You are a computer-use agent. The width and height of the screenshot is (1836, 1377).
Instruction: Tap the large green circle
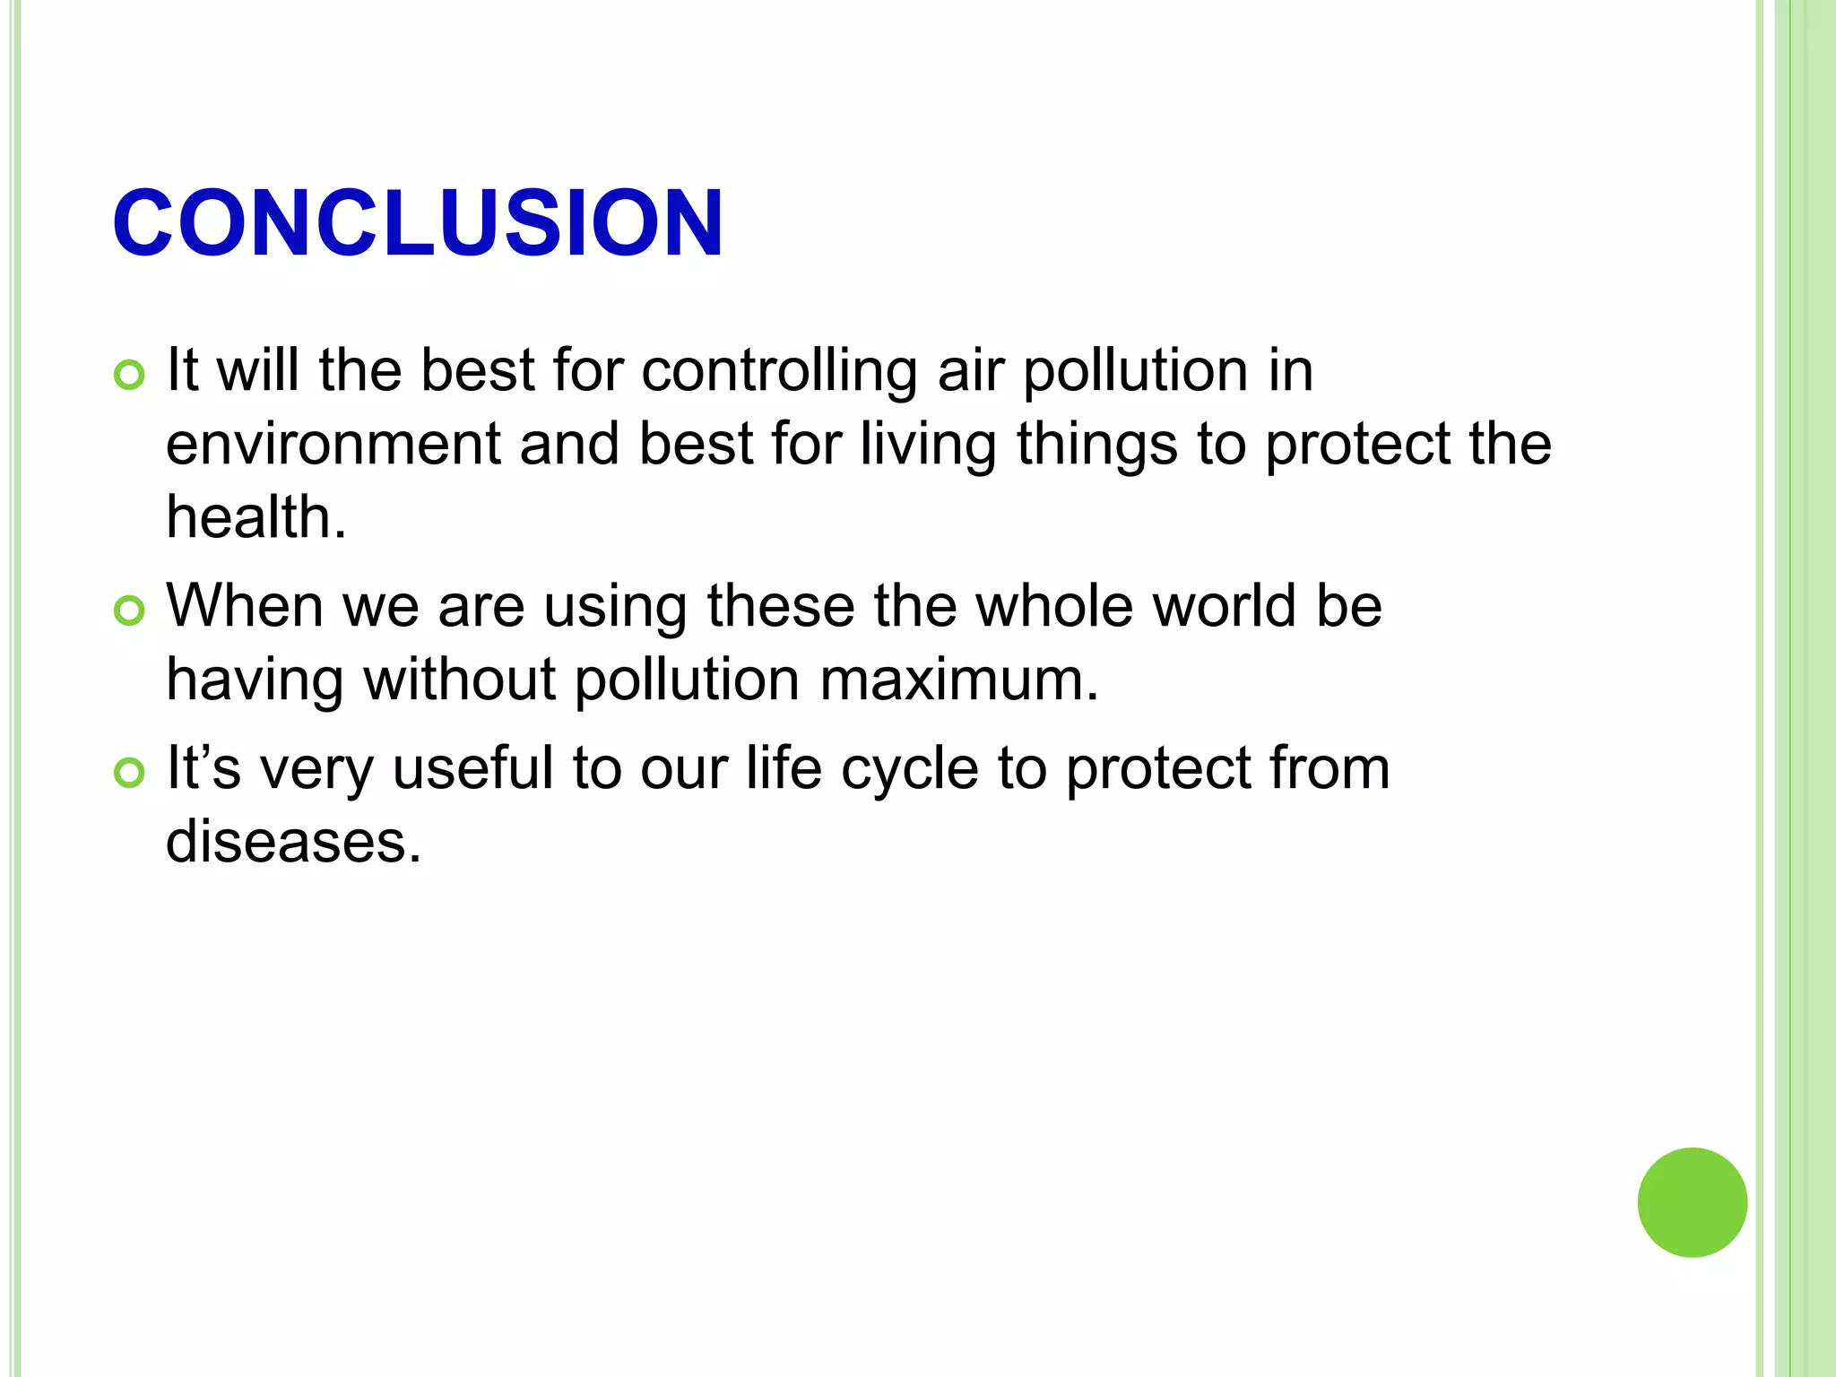click(x=1692, y=1202)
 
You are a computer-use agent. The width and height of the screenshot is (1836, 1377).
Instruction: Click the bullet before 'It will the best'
click(x=130, y=375)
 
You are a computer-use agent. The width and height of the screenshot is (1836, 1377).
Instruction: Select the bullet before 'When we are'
click(x=130, y=611)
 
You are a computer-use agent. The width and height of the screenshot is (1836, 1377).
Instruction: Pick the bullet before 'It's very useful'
click(x=130, y=773)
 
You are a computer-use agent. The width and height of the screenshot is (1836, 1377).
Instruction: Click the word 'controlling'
click(x=779, y=371)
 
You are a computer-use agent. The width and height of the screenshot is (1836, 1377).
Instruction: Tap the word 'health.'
click(x=256, y=517)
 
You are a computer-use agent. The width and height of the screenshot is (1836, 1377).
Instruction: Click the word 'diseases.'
click(x=294, y=842)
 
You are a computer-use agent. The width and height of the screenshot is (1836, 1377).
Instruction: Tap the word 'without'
click(x=459, y=680)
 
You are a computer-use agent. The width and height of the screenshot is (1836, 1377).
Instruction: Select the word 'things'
click(x=1096, y=446)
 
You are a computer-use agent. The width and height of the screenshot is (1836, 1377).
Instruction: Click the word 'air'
click(x=970, y=371)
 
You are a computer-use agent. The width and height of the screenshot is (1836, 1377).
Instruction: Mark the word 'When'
click(x=245, y=606)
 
